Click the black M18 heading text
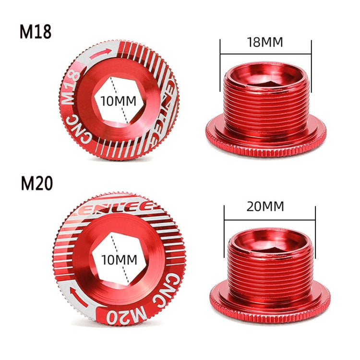pyautogui.click(x=35, y=31)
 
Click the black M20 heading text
pyautogui.click(x=36, y=184)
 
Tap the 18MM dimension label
pyautogui.click(x=265, y=42)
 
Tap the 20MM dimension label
pyautogui.click(x=265, y=207)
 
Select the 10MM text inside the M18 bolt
pyautogui.click(x=118, y=101)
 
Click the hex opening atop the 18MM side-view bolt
pyautogui.click(x=265, y=73)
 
